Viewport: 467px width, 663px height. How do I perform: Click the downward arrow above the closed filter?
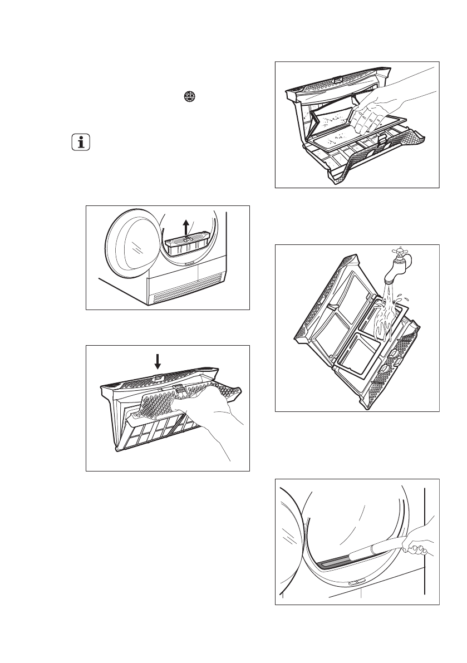pos(158,362)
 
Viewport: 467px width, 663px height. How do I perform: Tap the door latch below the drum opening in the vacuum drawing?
pos(351,584)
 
